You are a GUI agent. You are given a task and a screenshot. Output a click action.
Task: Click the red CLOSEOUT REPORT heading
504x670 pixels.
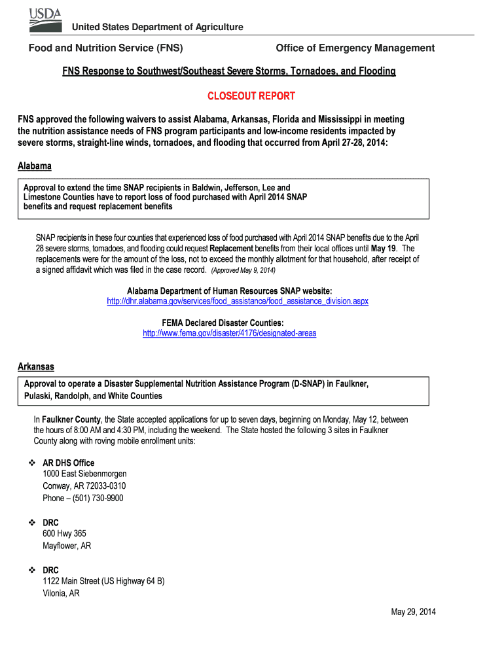pyautogui.click(x=251, y=96)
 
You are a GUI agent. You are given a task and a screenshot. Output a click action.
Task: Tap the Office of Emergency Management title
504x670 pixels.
pyautogui.click(x=355, y=48)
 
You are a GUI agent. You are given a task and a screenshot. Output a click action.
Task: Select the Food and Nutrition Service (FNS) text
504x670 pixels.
pyautogui.click(x=105, y=48)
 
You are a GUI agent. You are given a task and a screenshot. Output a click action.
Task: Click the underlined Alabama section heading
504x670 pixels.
pyautogui.click(x=34, y=166)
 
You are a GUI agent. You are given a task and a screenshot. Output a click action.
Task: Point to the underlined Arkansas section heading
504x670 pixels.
pyautogui.click(x=36, y=366)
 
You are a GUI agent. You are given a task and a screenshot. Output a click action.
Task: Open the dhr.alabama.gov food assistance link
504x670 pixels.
pyautogui.click(x=238, y=301)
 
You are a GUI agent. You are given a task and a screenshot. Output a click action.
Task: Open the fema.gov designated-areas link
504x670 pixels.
pyautogui.click(x=230, y=333)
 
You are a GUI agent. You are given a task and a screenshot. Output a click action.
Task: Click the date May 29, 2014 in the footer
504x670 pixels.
pyautogui.click(x=413, y=612)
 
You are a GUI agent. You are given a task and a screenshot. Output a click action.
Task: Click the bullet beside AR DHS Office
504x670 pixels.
pyautogui.click(x=31, y=463)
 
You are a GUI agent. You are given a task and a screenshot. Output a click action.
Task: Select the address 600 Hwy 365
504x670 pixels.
pyautogui.click(x=64, y=534)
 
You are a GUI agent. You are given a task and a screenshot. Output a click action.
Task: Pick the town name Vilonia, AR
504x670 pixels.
pyautogui.click(x=61, y=593)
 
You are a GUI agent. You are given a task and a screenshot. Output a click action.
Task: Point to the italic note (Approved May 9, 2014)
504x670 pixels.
pyautogui.click(x=243, y=270)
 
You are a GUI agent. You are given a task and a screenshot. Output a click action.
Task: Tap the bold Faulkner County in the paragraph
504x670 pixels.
pyautogui.click(x=71, y=419)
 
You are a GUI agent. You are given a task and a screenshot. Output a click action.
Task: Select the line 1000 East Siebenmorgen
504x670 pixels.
pyautogui.click(x=84, y=474)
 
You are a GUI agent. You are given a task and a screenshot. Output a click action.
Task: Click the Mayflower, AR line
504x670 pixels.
pyautogui.click(x=67, y=546)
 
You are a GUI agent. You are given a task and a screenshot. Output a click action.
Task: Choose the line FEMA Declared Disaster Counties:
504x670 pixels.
pyautogui.click(x=223, y=323)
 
